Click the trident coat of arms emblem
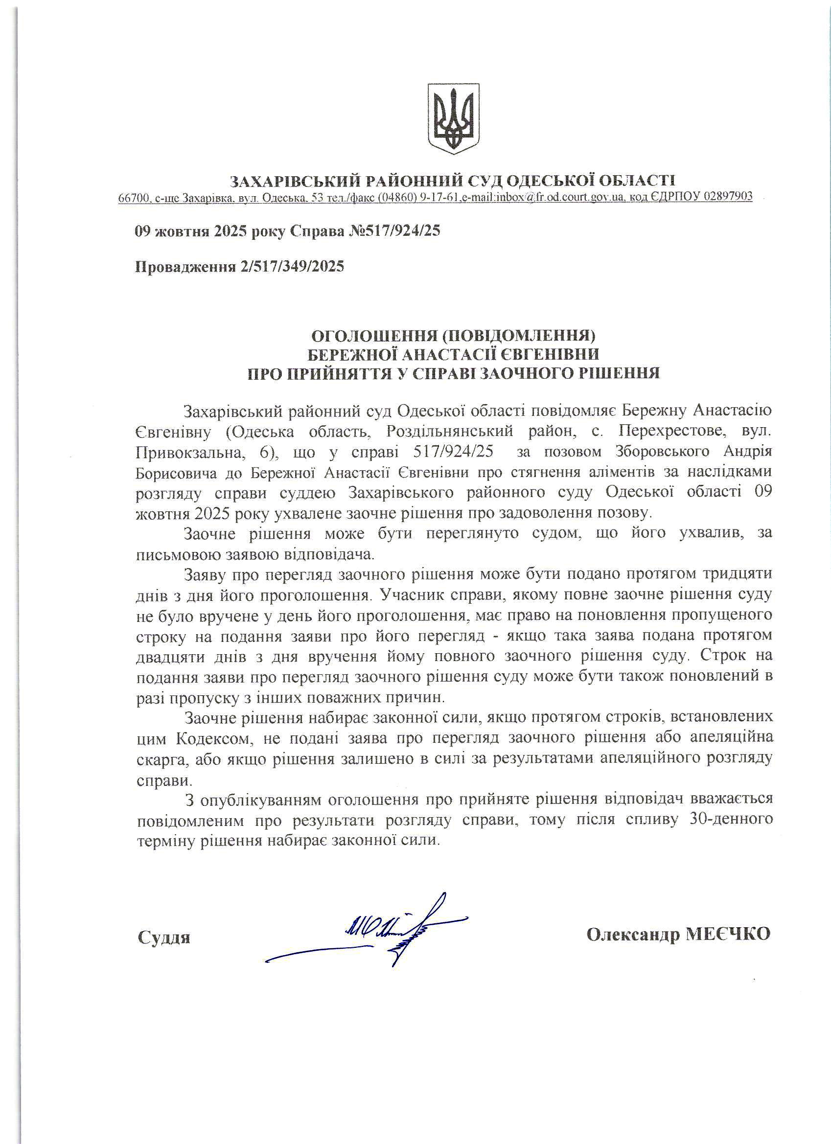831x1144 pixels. (453, 119)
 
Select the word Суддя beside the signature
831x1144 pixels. (164, 938)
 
